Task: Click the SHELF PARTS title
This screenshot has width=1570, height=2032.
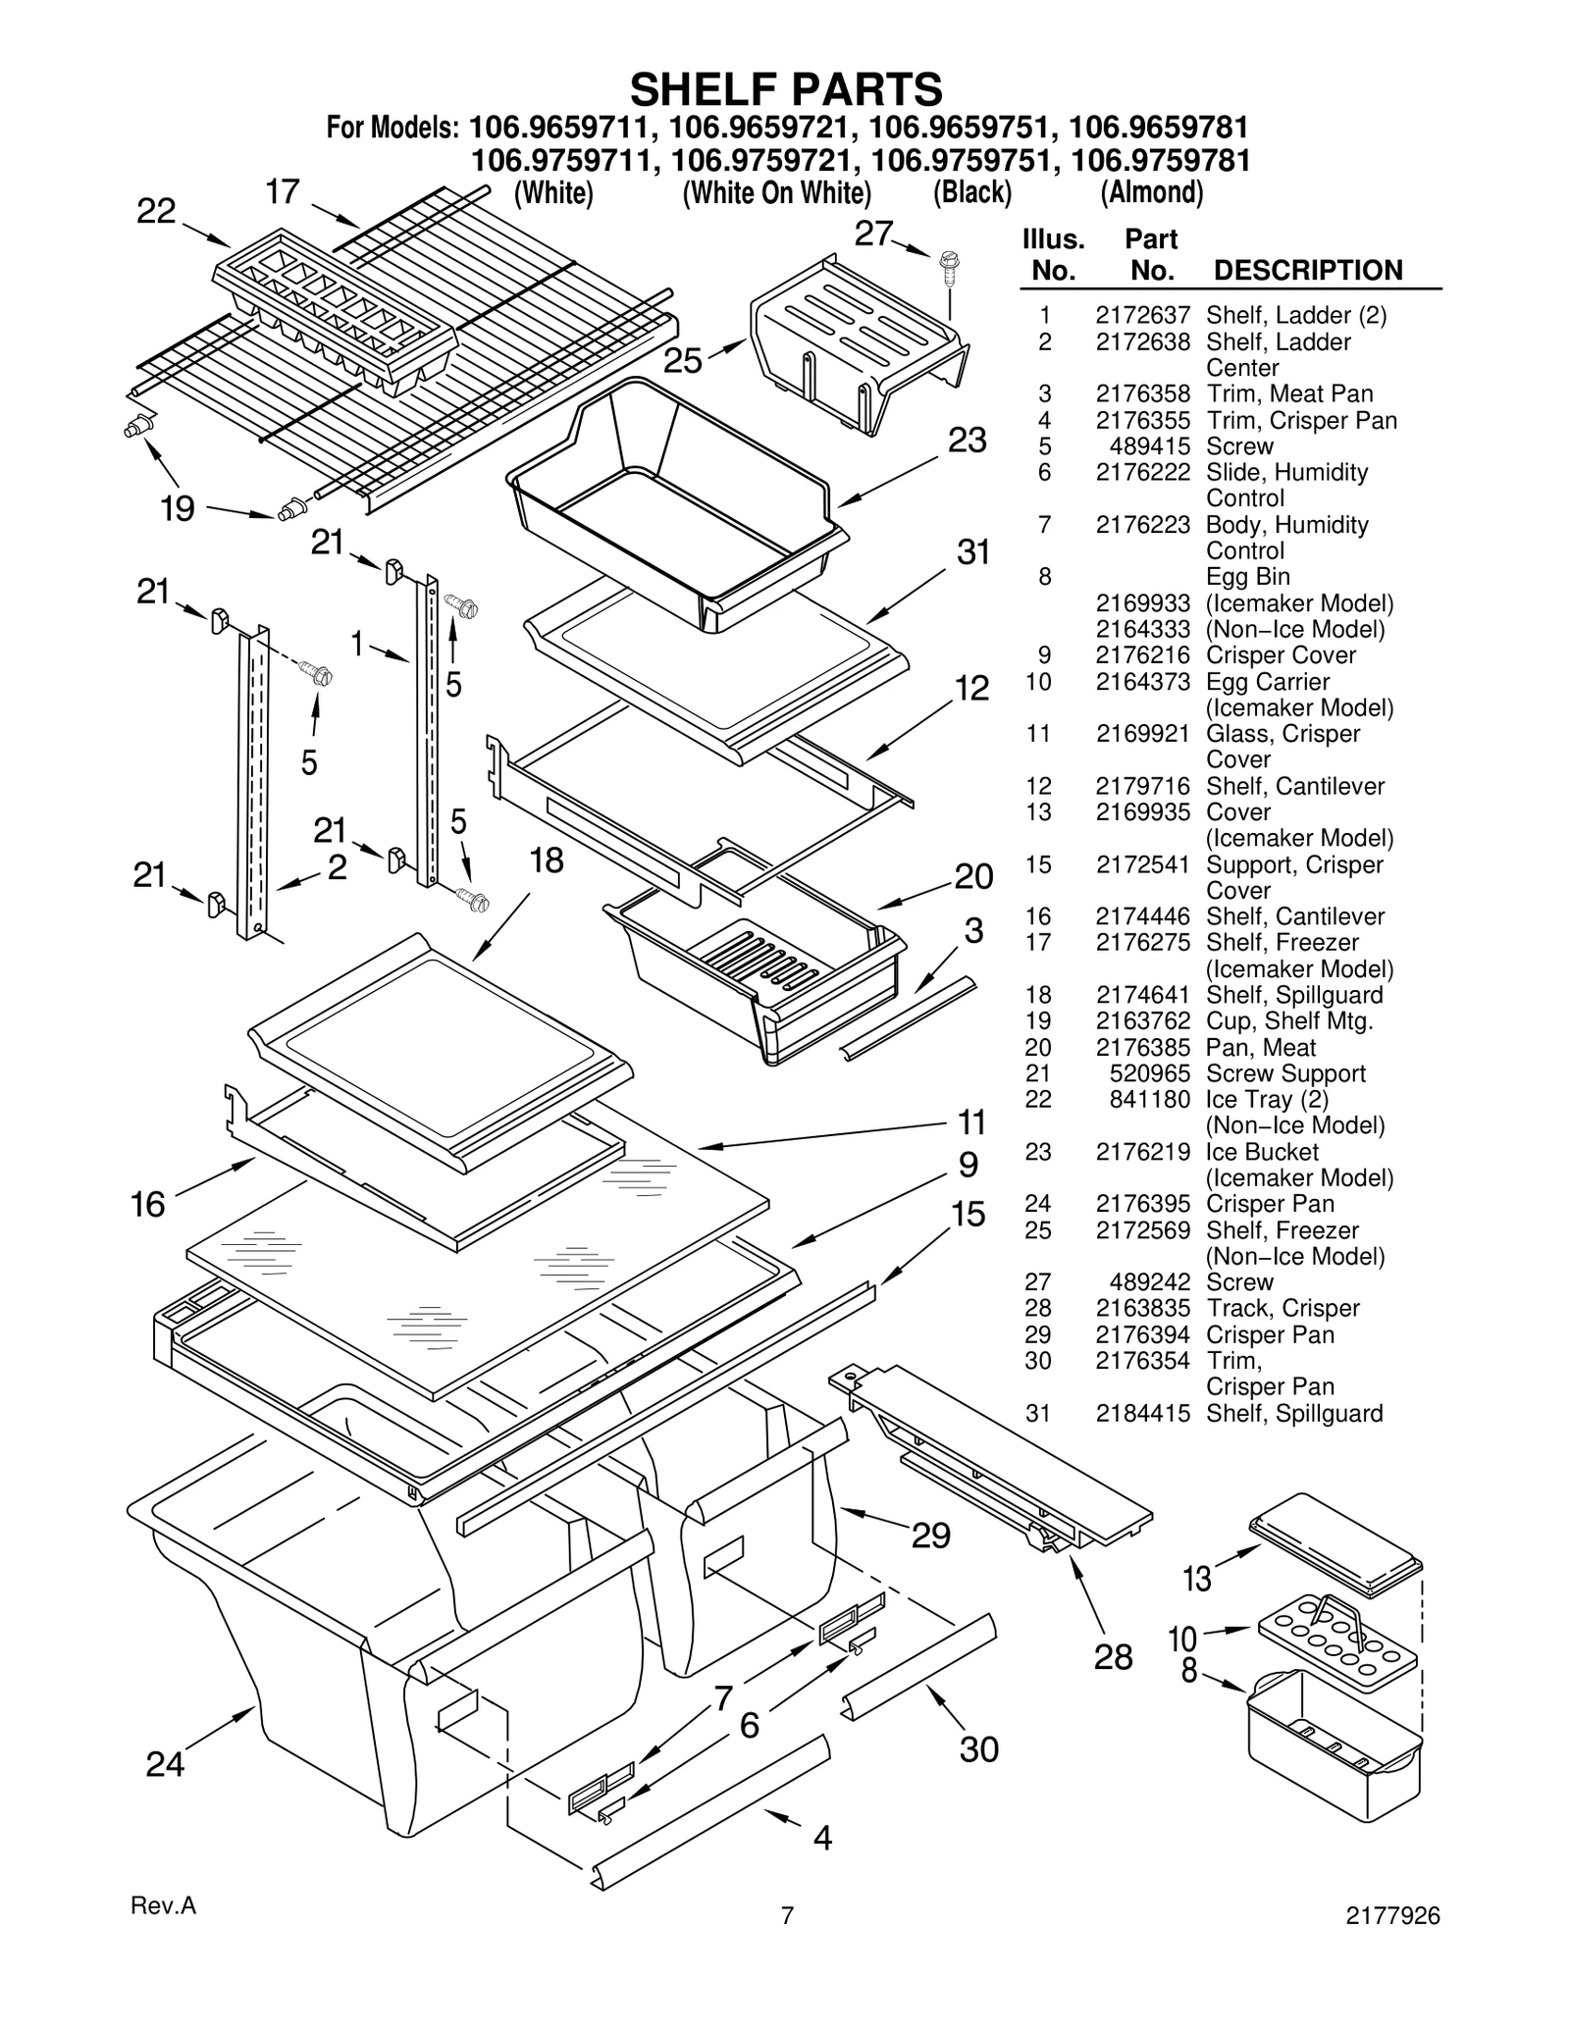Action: [786, 89]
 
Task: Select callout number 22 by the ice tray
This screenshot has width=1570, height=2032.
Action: [156, 212]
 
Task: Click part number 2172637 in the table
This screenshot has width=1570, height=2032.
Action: [1142, 316]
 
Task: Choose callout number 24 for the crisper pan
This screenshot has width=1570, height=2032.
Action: [165, 1764]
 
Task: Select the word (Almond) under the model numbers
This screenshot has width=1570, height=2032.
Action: [1151, 192]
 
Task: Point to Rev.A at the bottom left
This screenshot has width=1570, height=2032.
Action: [164, 1905]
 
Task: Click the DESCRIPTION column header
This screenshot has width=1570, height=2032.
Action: [1308, 271]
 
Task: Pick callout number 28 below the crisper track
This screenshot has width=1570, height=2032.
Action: [1114, 1656]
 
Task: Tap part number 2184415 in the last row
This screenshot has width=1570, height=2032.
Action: [1142, 1414]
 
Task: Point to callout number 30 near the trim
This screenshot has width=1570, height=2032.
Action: [978, 1748]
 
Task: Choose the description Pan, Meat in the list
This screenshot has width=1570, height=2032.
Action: [1260, 1048]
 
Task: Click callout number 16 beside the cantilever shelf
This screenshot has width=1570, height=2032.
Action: [148, 1204]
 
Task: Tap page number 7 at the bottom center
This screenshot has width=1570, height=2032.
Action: [786, 1915]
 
